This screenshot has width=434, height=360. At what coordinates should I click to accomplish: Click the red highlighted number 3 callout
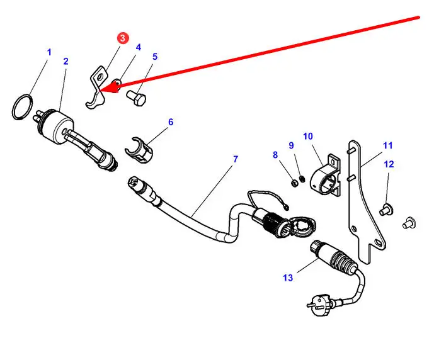122,38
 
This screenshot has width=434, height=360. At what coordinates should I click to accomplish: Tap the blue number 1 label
49,52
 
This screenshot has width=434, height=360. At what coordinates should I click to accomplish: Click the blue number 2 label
66,61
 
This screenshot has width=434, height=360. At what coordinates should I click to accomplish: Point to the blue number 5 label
155,56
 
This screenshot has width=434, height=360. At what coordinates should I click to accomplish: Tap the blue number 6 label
170,121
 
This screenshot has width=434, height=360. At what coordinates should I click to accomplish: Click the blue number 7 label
236,159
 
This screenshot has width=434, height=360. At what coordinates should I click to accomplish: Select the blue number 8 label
275,155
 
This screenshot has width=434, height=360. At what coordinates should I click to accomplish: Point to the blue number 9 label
291,145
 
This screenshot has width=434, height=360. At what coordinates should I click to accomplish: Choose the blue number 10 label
308,135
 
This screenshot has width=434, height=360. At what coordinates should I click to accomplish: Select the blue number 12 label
389,164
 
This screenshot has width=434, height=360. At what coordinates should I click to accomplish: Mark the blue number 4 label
138,47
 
